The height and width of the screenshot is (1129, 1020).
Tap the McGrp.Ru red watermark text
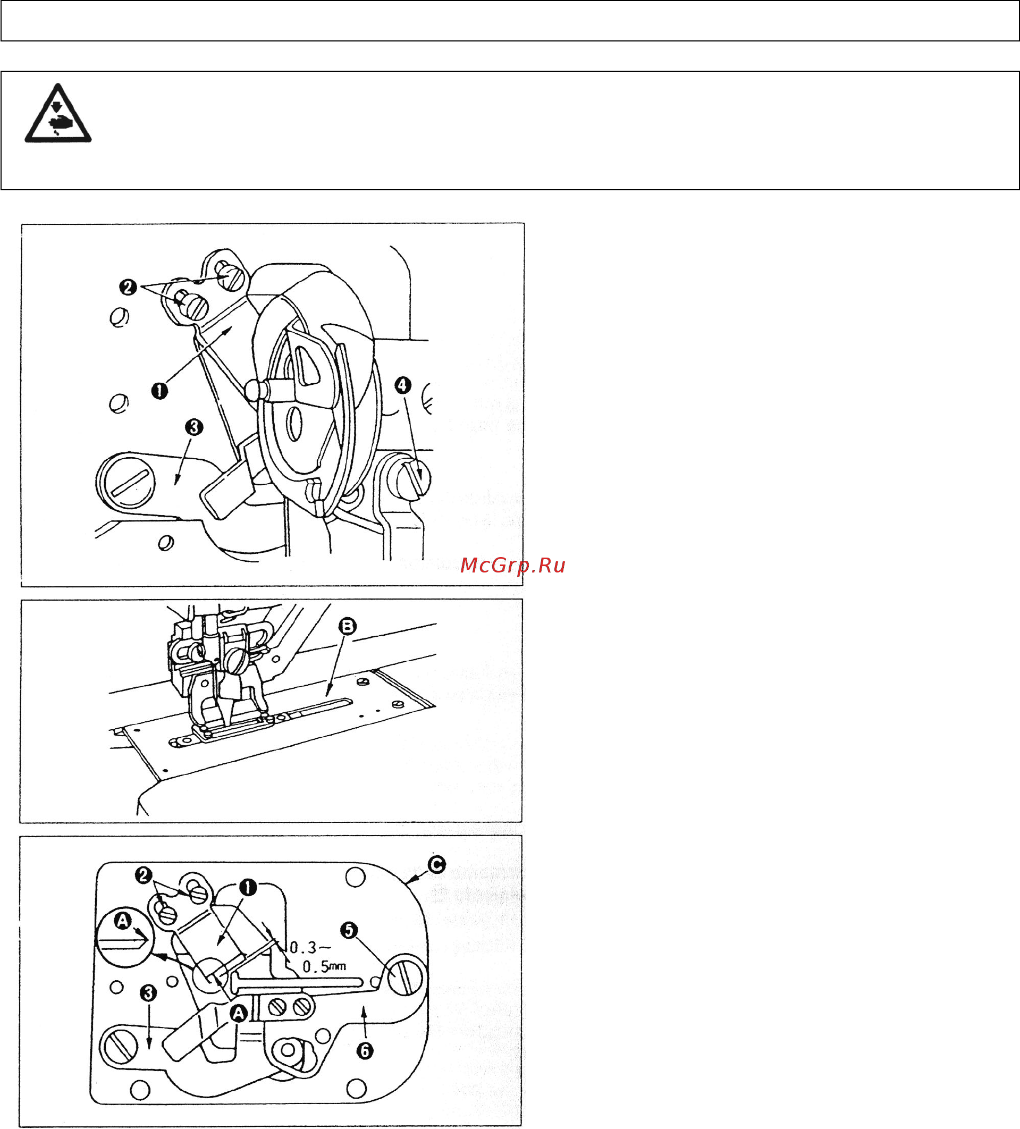tap(512, 566)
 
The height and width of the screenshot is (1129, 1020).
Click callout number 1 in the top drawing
tap(159, 390)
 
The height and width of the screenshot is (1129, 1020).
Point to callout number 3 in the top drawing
tap(194, 427)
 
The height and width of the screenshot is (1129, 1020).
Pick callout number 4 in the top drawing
tap(403, 385)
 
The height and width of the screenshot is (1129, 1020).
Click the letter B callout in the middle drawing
tap(347, 626)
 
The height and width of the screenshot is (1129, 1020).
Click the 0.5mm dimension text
tap(324, 966)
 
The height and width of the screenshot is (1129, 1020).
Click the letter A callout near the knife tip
tap(239, 1013)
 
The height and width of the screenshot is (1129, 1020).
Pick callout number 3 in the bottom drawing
tap(148, 993)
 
